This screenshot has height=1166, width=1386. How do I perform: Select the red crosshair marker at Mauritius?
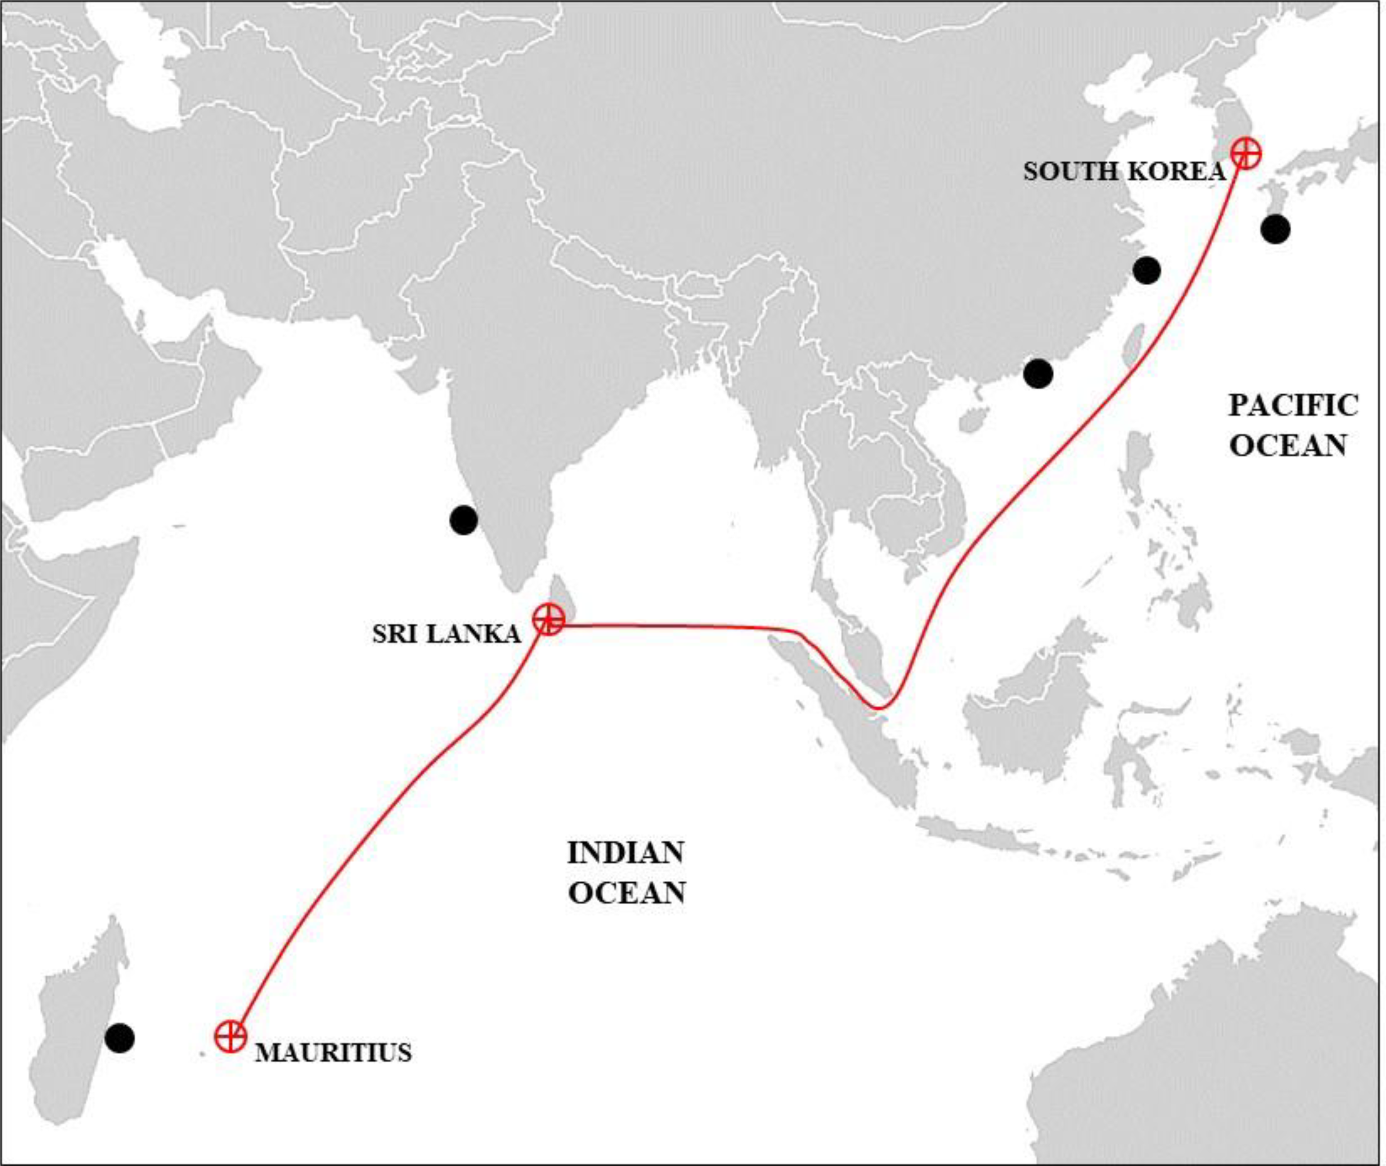pyautogui.click(x=231, y=1035)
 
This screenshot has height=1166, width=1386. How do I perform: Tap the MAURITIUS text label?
pyautogui.click(x=333, y=1052)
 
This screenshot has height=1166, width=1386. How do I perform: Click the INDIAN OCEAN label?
pyautogui.click(x=626, y=873)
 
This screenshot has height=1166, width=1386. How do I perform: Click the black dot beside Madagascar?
pyautogui.click(x=120, y=1038)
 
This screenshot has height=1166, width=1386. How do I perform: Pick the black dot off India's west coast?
pyautogui.click(x=463, y=520)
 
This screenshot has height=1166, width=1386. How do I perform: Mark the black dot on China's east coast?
pyautogui.click(x=1146, y=269)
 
